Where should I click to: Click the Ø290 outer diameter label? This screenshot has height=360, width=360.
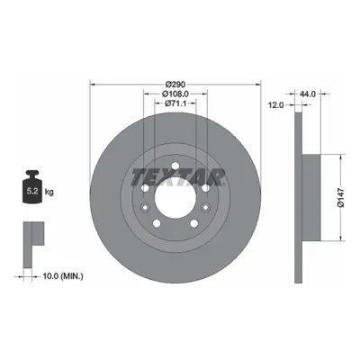175,84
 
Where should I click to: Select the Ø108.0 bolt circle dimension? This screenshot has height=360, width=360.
175,94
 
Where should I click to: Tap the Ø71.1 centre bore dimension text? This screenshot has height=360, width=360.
175,103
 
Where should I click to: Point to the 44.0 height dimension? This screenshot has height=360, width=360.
308,94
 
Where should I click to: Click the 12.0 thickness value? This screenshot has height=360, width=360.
275,104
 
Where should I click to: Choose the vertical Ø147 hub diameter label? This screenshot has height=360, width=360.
340,198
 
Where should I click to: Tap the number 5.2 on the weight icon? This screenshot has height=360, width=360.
32,191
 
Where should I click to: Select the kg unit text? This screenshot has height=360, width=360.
49,192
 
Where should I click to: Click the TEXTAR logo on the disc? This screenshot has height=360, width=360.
177,176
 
